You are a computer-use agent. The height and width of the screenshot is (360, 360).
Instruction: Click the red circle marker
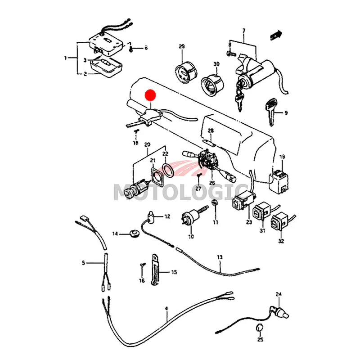pos(150,95)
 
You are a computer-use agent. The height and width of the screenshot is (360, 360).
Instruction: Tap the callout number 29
pos(182,47)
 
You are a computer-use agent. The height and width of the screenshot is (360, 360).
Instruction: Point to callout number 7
pos(243,31)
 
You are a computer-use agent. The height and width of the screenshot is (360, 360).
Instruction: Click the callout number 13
pos(220,257)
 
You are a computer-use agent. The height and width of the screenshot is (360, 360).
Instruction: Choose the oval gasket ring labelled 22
pos(167,171)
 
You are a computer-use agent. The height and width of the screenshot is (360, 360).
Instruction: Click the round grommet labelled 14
pos(133,233)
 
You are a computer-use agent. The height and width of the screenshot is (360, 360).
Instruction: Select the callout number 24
pos(279,295)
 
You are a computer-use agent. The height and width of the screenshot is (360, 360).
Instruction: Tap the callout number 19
pos(283,157)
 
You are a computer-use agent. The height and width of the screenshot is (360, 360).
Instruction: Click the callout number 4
pos(166,308)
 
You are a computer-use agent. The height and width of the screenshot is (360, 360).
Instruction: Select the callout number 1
pos(65,58)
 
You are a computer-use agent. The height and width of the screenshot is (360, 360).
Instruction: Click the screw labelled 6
pos(130,48)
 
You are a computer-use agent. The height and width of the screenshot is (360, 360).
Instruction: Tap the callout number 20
pos(147,144)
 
